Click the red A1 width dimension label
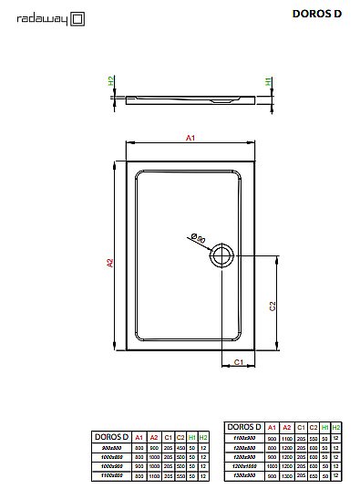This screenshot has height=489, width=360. coord(190,137)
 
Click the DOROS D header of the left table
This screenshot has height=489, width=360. coord(112,437)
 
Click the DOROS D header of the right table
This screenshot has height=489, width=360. coord(245,427)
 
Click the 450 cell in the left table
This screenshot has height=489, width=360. coord(180,447)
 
